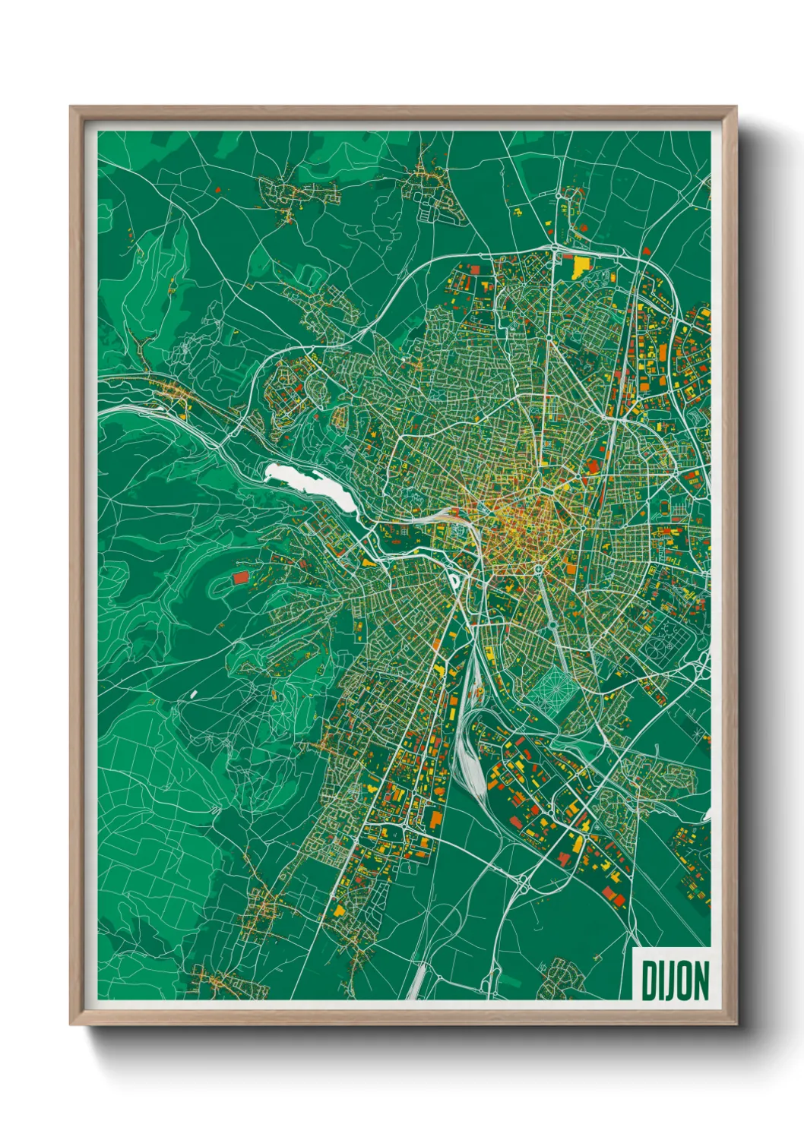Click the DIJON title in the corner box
click(675, 980)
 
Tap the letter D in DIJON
click(650, 980)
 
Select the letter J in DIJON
click(669, 981)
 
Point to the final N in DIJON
click(701, 980)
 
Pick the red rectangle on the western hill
click(240, 578)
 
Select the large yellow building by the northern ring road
click(581, 265)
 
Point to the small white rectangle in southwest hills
click(193, 693)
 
